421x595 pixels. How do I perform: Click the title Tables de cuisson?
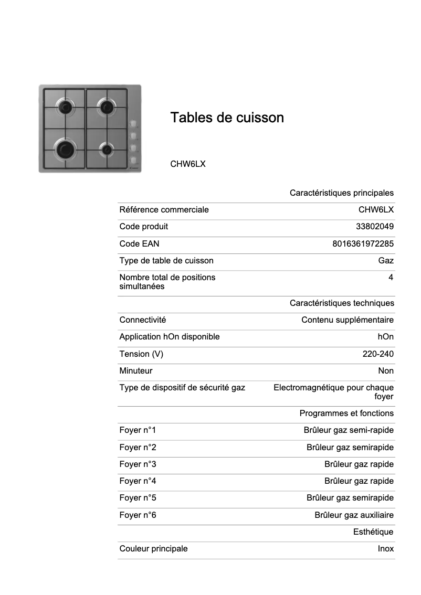click(227, 118)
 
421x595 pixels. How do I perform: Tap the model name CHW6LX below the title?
click(187, 164)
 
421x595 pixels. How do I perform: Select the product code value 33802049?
click(375, 227)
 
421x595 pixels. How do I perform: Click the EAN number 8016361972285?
click(363, 243)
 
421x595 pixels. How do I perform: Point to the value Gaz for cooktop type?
click(386, 260)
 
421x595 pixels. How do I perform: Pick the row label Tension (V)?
click(141, 354)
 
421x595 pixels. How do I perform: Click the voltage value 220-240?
click(378, 354)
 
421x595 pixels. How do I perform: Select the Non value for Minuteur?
click(386, 371)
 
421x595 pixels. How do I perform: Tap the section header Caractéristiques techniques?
click(342, 303)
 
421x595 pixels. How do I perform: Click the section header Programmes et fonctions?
click(346, 413)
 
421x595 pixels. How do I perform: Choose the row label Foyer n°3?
click(138, 464)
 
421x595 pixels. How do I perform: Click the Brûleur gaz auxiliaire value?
click(354, 515)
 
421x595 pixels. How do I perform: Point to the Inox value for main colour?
click(385, 549)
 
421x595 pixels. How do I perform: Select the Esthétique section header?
click(373, 532)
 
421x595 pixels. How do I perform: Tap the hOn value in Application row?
click(385, 337)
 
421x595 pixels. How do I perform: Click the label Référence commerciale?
click(164, 210)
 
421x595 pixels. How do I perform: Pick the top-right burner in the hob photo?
click(107, 108)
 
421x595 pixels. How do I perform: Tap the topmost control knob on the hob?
click(133, 124)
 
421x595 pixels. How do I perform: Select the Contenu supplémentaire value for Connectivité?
click(348, 320)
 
